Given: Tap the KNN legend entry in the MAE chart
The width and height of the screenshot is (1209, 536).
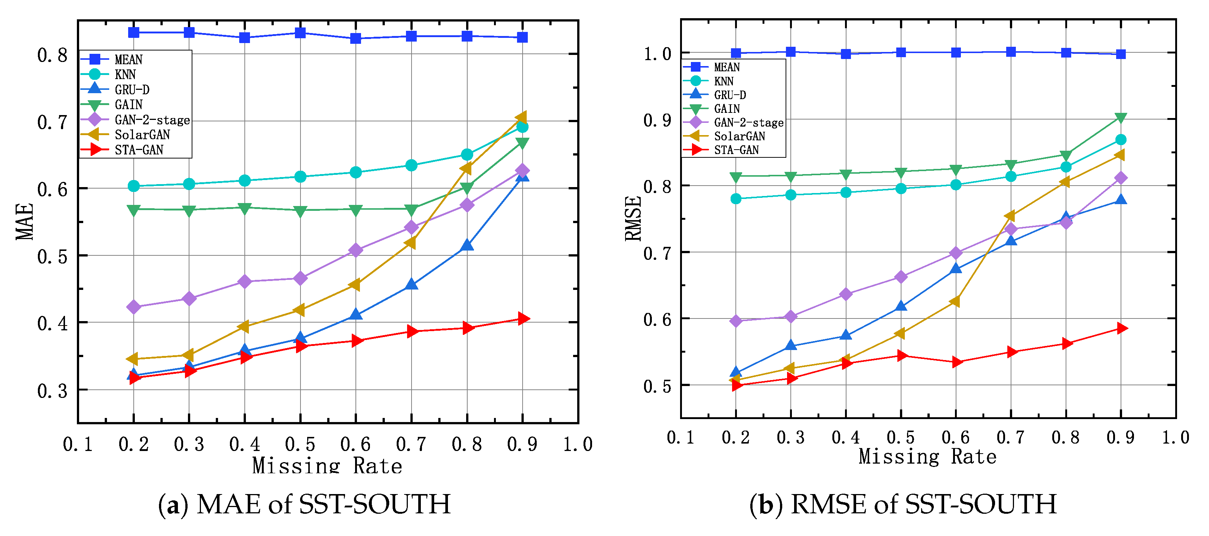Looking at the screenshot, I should point(125,75).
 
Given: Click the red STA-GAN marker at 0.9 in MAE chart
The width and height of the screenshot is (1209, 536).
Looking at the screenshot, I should point(522,319).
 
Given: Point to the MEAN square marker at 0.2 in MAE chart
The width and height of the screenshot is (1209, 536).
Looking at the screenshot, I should point(134,32).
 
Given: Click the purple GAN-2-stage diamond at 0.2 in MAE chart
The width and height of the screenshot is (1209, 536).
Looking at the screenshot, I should point(134,307).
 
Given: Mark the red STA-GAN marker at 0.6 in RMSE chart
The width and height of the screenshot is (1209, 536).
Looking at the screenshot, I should point(956,362).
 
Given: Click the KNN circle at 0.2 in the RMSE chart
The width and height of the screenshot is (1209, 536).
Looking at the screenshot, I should point(736,199).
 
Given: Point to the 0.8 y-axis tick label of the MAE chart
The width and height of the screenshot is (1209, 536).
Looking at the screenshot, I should point(53,55).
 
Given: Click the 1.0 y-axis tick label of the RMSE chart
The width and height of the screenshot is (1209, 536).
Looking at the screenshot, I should point(657,54).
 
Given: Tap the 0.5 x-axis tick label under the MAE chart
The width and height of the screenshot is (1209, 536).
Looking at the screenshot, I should point(300,444).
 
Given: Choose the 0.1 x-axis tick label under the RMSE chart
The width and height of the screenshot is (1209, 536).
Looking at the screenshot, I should point(680,438).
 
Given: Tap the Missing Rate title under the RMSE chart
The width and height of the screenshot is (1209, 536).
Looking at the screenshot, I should point(927,456).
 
